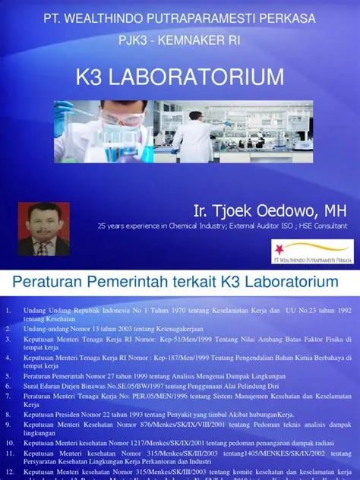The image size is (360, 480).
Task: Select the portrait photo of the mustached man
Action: point(44,229)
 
